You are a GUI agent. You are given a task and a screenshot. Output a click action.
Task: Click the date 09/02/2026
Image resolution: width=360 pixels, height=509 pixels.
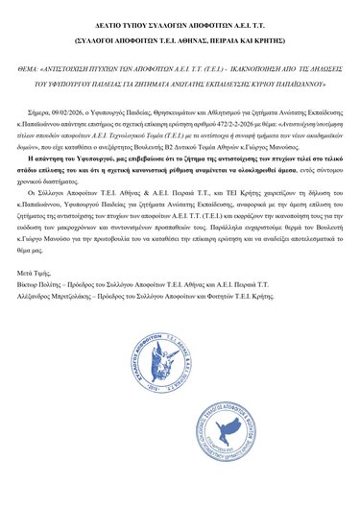(82, 113)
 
